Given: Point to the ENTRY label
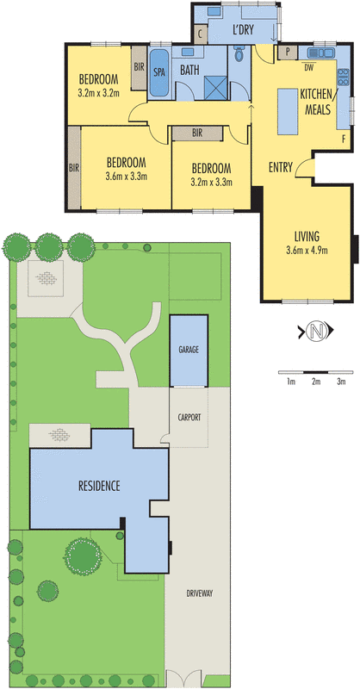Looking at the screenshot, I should pos(281,167).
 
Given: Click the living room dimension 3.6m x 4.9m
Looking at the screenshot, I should pos(307,251).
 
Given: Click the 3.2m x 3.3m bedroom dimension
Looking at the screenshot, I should pos(212,182).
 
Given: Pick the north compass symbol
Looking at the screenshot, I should pos(319,331).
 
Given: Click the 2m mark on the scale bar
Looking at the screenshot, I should pos(316,380).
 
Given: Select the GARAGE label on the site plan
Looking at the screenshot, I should pos(189,351).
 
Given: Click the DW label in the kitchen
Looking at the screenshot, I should pos(308,66).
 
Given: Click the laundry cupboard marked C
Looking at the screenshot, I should pos(200,35).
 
